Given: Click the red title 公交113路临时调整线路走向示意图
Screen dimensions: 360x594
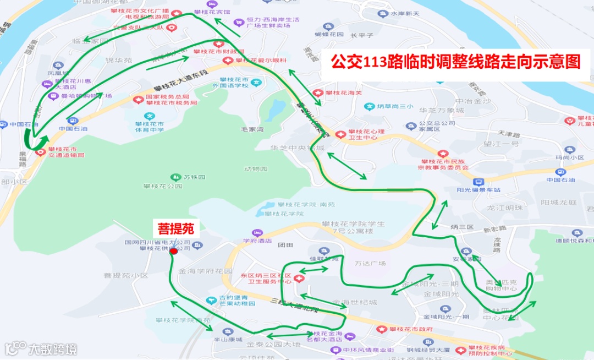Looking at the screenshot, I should click(455, 62).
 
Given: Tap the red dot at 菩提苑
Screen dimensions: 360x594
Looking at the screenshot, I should click(174, 251).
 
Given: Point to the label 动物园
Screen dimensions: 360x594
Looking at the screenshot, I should click(255, 169).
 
